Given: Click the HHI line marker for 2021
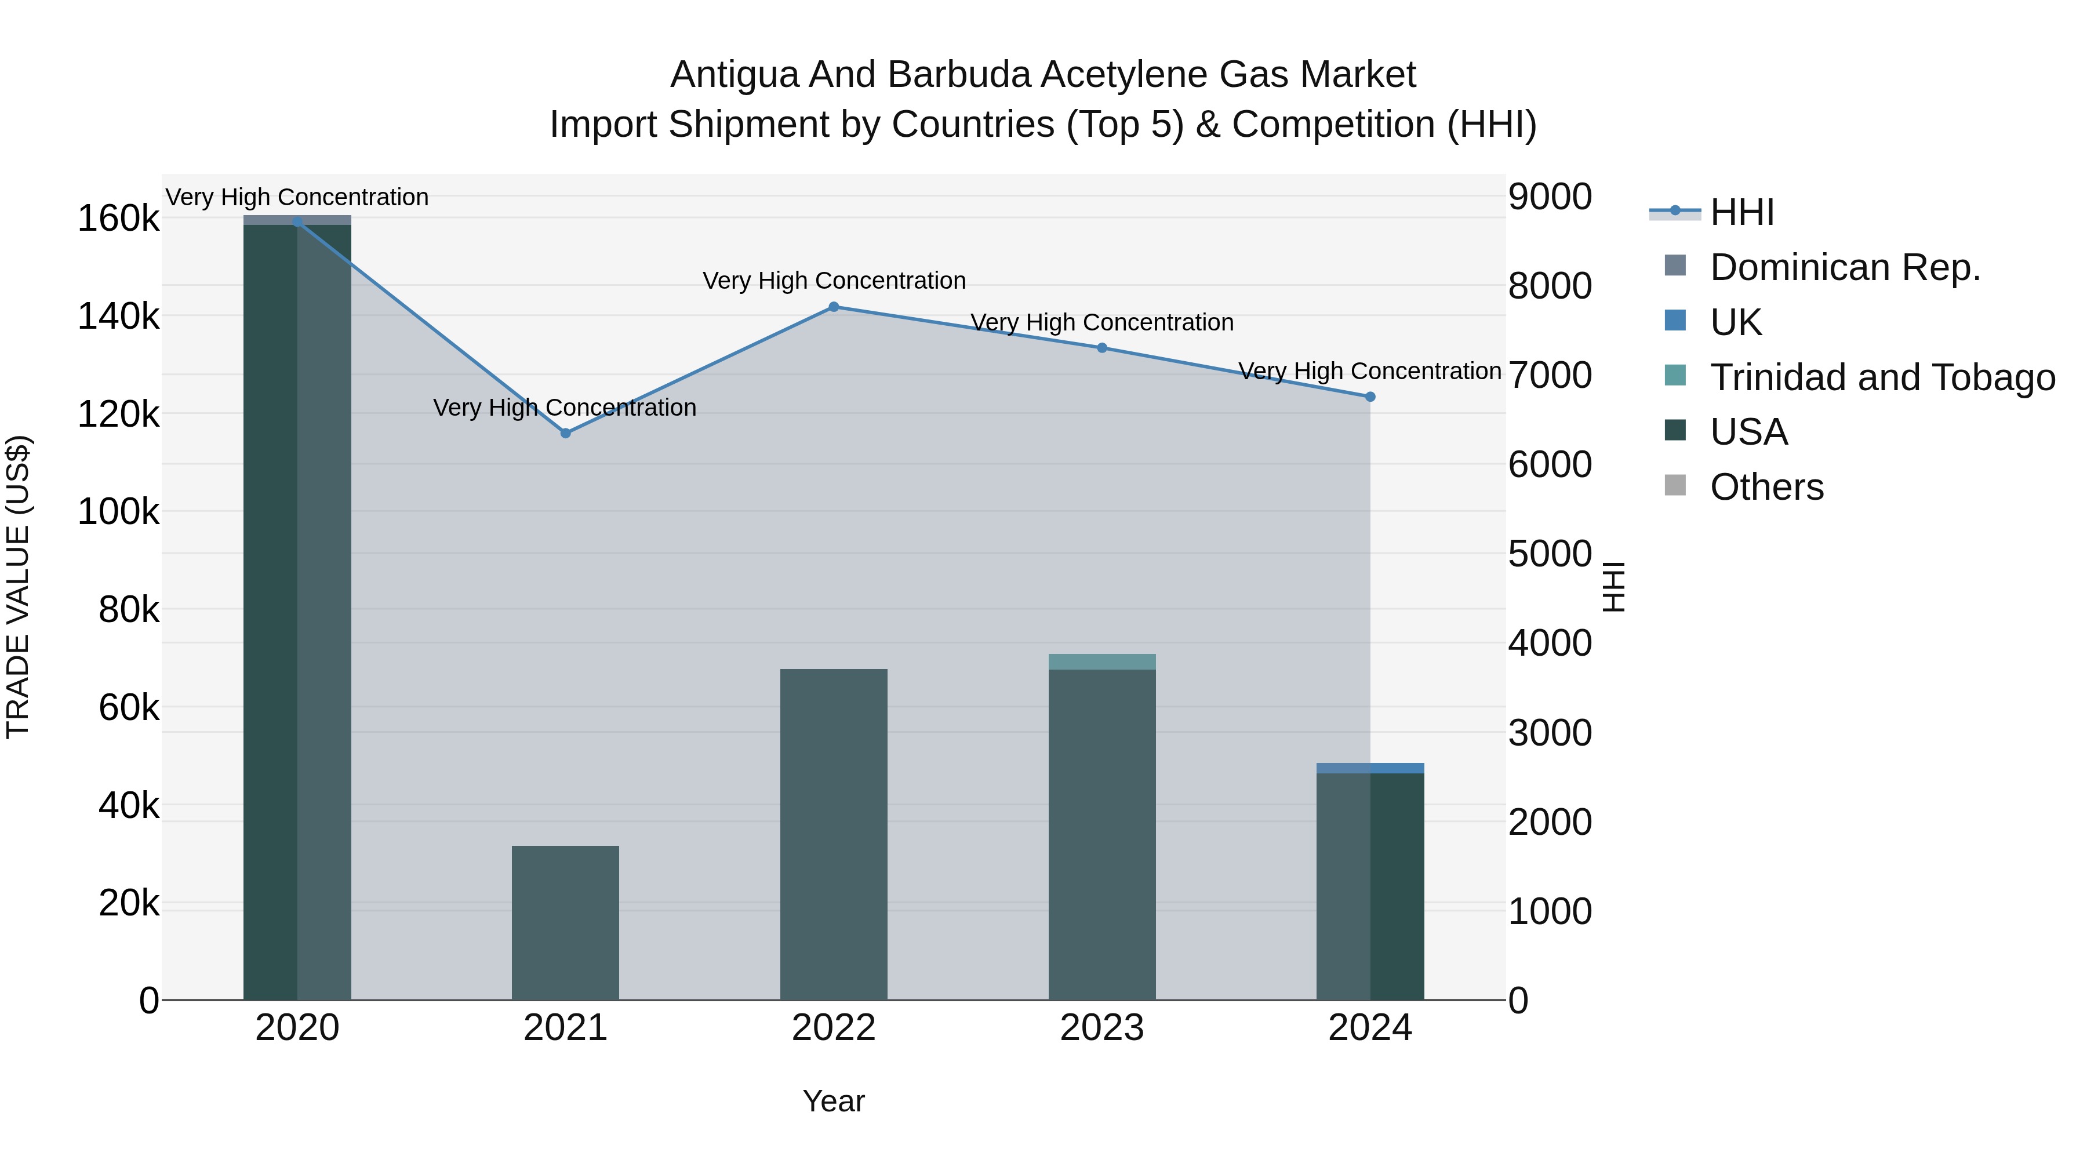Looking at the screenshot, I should coord(565,434).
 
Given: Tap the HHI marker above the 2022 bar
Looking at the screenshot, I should coord(834,307).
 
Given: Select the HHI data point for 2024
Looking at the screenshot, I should coord(1370,397).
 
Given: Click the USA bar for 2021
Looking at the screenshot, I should coord(565,923).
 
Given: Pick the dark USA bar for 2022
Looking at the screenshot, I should coord(834,834).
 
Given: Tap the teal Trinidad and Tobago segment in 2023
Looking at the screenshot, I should coord(1102,662).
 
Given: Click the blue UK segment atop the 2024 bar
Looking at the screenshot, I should coord(1370,768).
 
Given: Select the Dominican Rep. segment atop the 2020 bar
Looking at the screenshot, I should coord(297,220).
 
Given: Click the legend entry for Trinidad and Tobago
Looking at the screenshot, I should coord(1882,377).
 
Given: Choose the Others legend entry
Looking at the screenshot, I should coord(1766,488).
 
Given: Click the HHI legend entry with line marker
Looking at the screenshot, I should coord(1742,212).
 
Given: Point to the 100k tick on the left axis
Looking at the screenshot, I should coord(118,512).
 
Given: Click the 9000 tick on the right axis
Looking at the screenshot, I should coord(1550,197).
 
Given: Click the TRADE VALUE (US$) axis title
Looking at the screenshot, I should coord(18,587).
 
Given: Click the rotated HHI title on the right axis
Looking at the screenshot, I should coord(1614,587).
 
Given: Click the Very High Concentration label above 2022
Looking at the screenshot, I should coord(834,281).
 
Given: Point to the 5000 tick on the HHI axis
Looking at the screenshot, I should coord(1550,555).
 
